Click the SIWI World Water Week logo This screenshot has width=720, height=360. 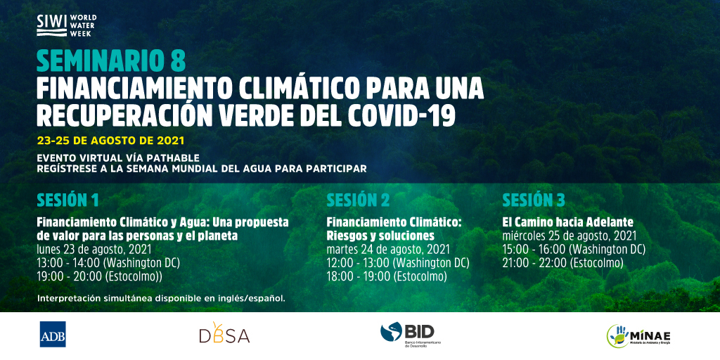click(66, 25)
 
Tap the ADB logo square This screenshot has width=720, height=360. click(53, 334)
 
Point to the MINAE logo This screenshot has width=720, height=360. click(638, 335)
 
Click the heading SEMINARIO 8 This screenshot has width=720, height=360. click(111, 60)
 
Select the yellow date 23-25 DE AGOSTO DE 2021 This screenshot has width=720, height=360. click(110, 140)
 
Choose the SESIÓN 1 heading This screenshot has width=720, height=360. click(67, 200)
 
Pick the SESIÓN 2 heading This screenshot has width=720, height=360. click(358, 200)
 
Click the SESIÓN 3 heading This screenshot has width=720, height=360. click(534, 200)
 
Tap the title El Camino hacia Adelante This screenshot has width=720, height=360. click(567, 222)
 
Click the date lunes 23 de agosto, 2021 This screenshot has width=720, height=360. click(94, 250)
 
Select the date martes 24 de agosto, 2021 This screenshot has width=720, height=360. click(388, 250)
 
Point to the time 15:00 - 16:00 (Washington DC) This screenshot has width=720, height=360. click(574, 250)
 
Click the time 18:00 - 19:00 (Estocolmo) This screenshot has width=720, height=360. click(387, 276)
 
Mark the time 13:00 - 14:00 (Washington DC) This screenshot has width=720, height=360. click(108, 263)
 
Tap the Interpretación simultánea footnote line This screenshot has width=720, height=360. click(161, 298)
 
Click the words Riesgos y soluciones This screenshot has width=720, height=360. click(380, 236)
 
